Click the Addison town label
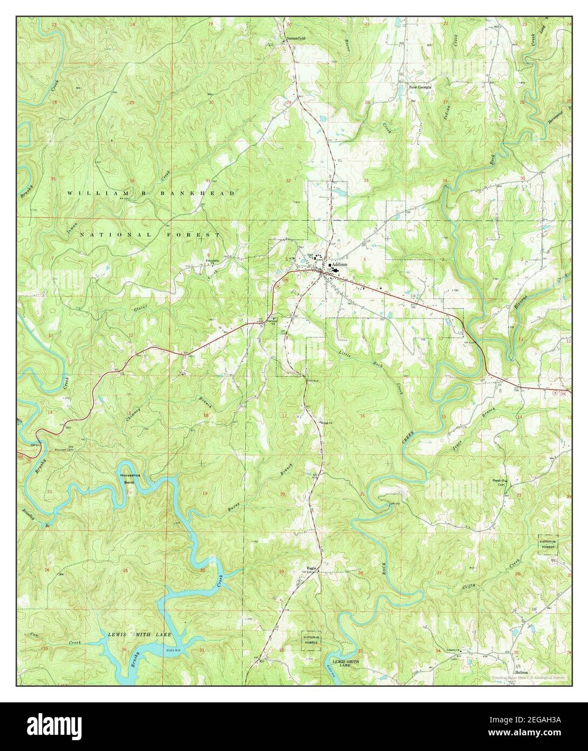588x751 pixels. pyautogui.click(x=340, y=265)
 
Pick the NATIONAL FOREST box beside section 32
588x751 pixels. pyautogui.click(x=310, y=640)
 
